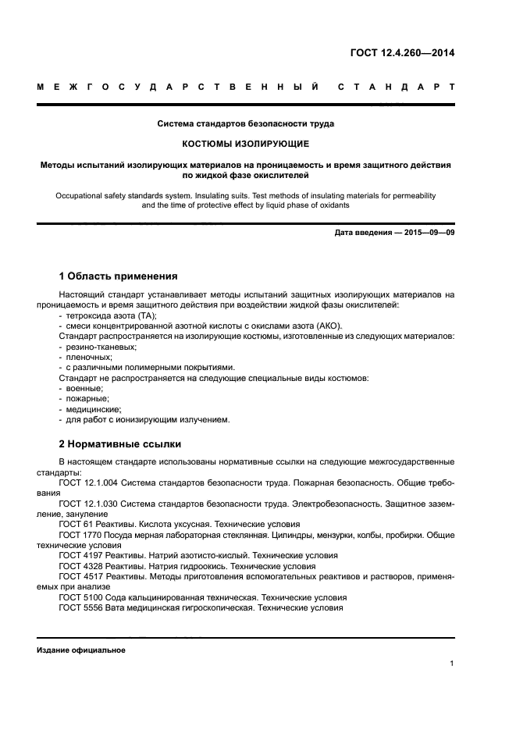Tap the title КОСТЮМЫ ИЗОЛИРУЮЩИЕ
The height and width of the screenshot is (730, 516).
[246, 144]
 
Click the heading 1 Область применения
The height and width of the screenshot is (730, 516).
[118, 276]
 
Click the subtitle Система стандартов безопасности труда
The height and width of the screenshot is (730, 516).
[246, 123]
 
